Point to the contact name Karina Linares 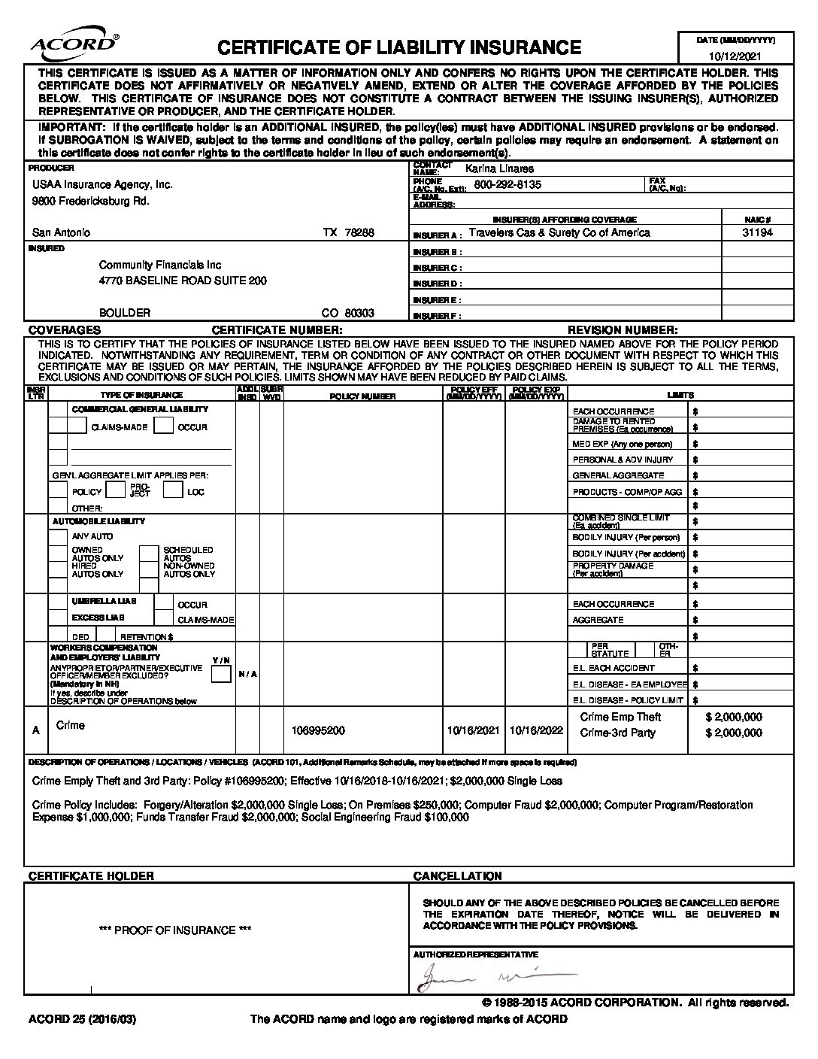pyautogui.click(x=499, y=168)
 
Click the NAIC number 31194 pyautogui.click(x=757, y=232)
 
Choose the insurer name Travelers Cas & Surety pyautogui.click(x=559, y=232)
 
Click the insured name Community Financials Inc pyautogui.click(x=160, y=265)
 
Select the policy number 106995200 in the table pyautogui.click(x=318, y=730)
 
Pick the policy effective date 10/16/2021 pyautogui.click(x=473, y=730)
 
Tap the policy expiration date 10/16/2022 pyautogui.click(x=536, y=730)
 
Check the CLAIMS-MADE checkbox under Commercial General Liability pyautogui.click(x=77, y=426)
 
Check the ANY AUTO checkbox pyautogui.click(x=58, y=537)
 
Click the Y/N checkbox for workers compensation pyautogui.click(x=221, y=674)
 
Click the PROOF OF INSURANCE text pyautogui.click(x=175, y=930)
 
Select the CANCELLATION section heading pyautogui.click(x=457, y=876)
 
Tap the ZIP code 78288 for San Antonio pyautogui.click(x=359, y=232)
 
